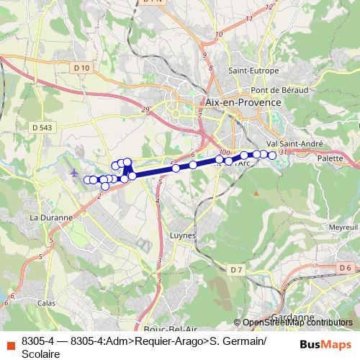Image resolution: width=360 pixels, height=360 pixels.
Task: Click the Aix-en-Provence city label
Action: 243,103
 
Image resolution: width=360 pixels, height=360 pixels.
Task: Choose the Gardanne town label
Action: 294,317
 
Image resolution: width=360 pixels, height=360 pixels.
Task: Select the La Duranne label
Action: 50,217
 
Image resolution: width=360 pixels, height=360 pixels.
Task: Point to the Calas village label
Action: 46,303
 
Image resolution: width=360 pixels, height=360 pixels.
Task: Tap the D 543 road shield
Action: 42,127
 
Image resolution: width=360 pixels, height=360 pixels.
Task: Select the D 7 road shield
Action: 237,269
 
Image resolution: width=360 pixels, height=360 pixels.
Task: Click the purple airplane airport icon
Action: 74,172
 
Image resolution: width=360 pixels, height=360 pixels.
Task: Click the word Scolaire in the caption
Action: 42,353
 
